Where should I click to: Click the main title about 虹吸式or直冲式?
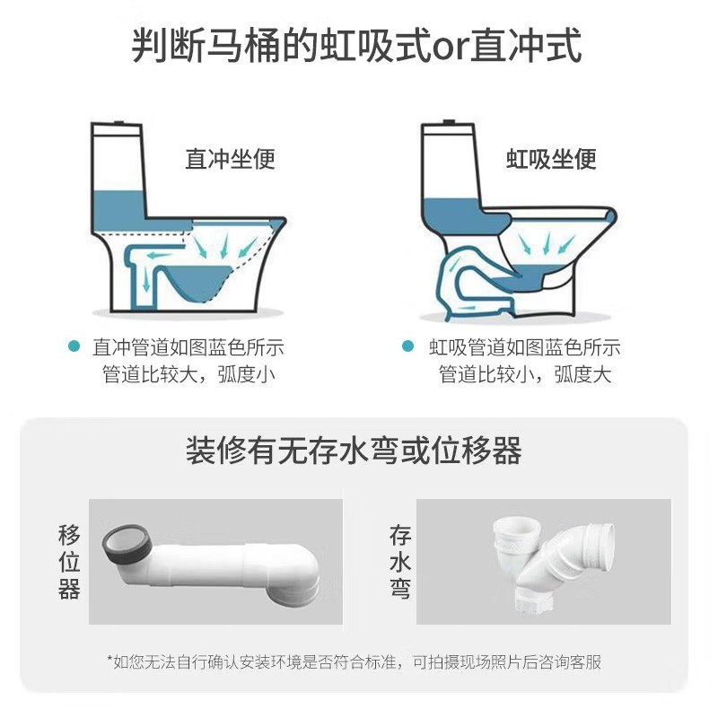(x=356, y=45)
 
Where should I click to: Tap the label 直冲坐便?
(x=230, y=160)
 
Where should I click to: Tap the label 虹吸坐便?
(x=551, y=160)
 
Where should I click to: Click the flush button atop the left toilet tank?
(x=118, y=123)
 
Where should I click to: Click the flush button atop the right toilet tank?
(x=448, y=122)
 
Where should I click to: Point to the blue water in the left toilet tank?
(x=119, y=212)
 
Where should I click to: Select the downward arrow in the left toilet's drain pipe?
(x=146, y=279)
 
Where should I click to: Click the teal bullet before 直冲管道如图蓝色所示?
(x=74, y=346)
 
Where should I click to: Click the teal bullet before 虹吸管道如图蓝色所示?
(x=407, y=346)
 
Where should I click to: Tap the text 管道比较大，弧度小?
(x=188, y=374)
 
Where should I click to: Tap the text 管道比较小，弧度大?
(x=525, y=374)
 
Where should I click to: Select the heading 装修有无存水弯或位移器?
(x=354, y=451)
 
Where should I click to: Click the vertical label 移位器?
(x=69, y=562)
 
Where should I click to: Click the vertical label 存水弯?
(x=399, y=562)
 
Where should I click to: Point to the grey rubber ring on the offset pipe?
(x=127, y=544)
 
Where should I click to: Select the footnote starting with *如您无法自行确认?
(x=354, y=662)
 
